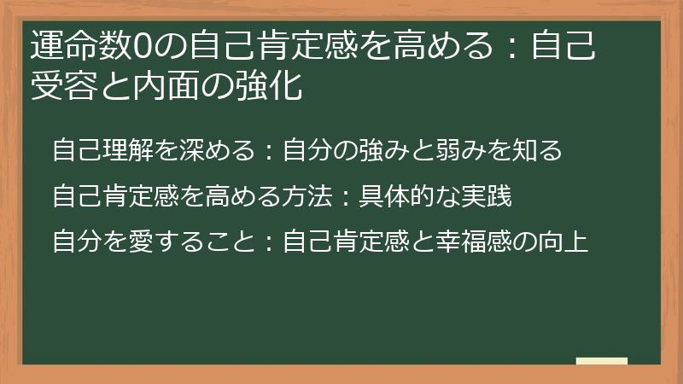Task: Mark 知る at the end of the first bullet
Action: [538, 151]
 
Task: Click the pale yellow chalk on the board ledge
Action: [601, 361]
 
